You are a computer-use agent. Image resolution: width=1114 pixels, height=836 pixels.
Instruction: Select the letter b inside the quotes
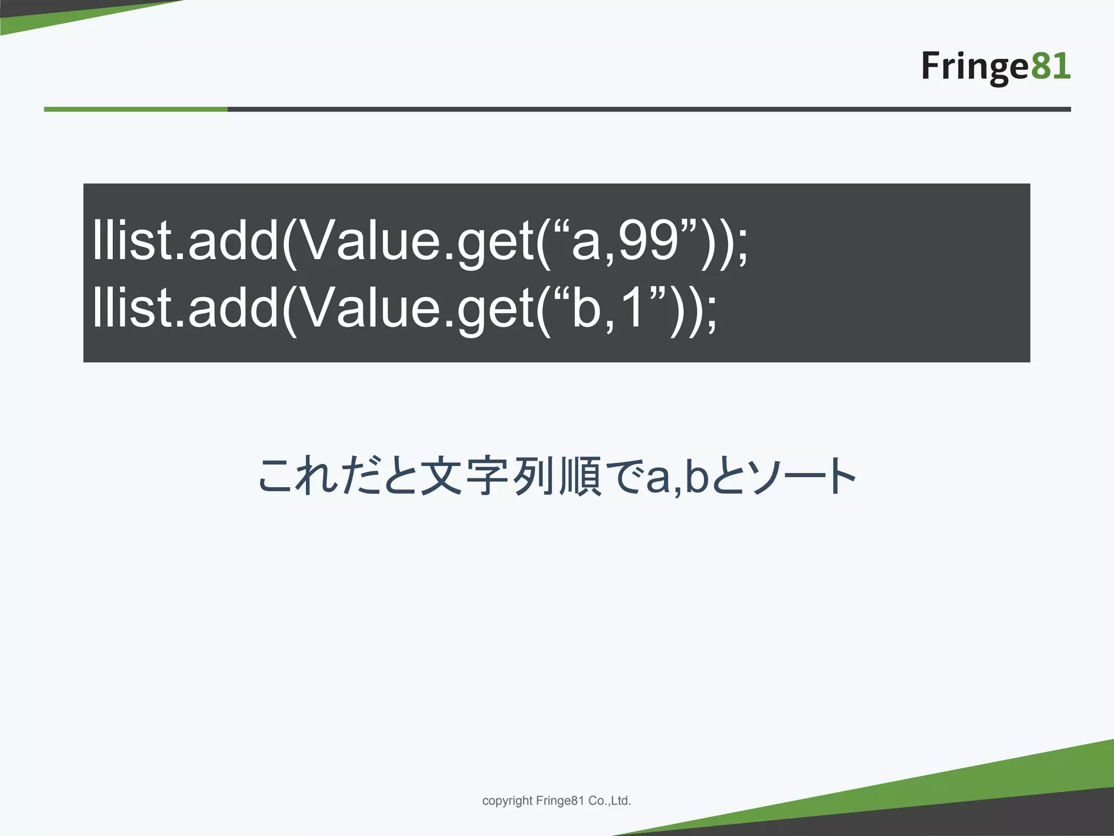pyautogui.click(x=586, y=308)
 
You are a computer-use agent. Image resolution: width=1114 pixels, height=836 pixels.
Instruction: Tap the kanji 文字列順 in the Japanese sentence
pyautogui.click(x=511, y=477)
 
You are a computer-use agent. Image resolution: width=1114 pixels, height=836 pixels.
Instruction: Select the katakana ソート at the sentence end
pyautogui.click(x=800, y=477)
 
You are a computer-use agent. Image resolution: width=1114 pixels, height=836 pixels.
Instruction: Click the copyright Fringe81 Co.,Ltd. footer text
pyautogui.click(x=556, y=801)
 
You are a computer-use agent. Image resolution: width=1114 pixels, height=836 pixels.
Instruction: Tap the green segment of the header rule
pyautogui.click(x=136, y=109)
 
